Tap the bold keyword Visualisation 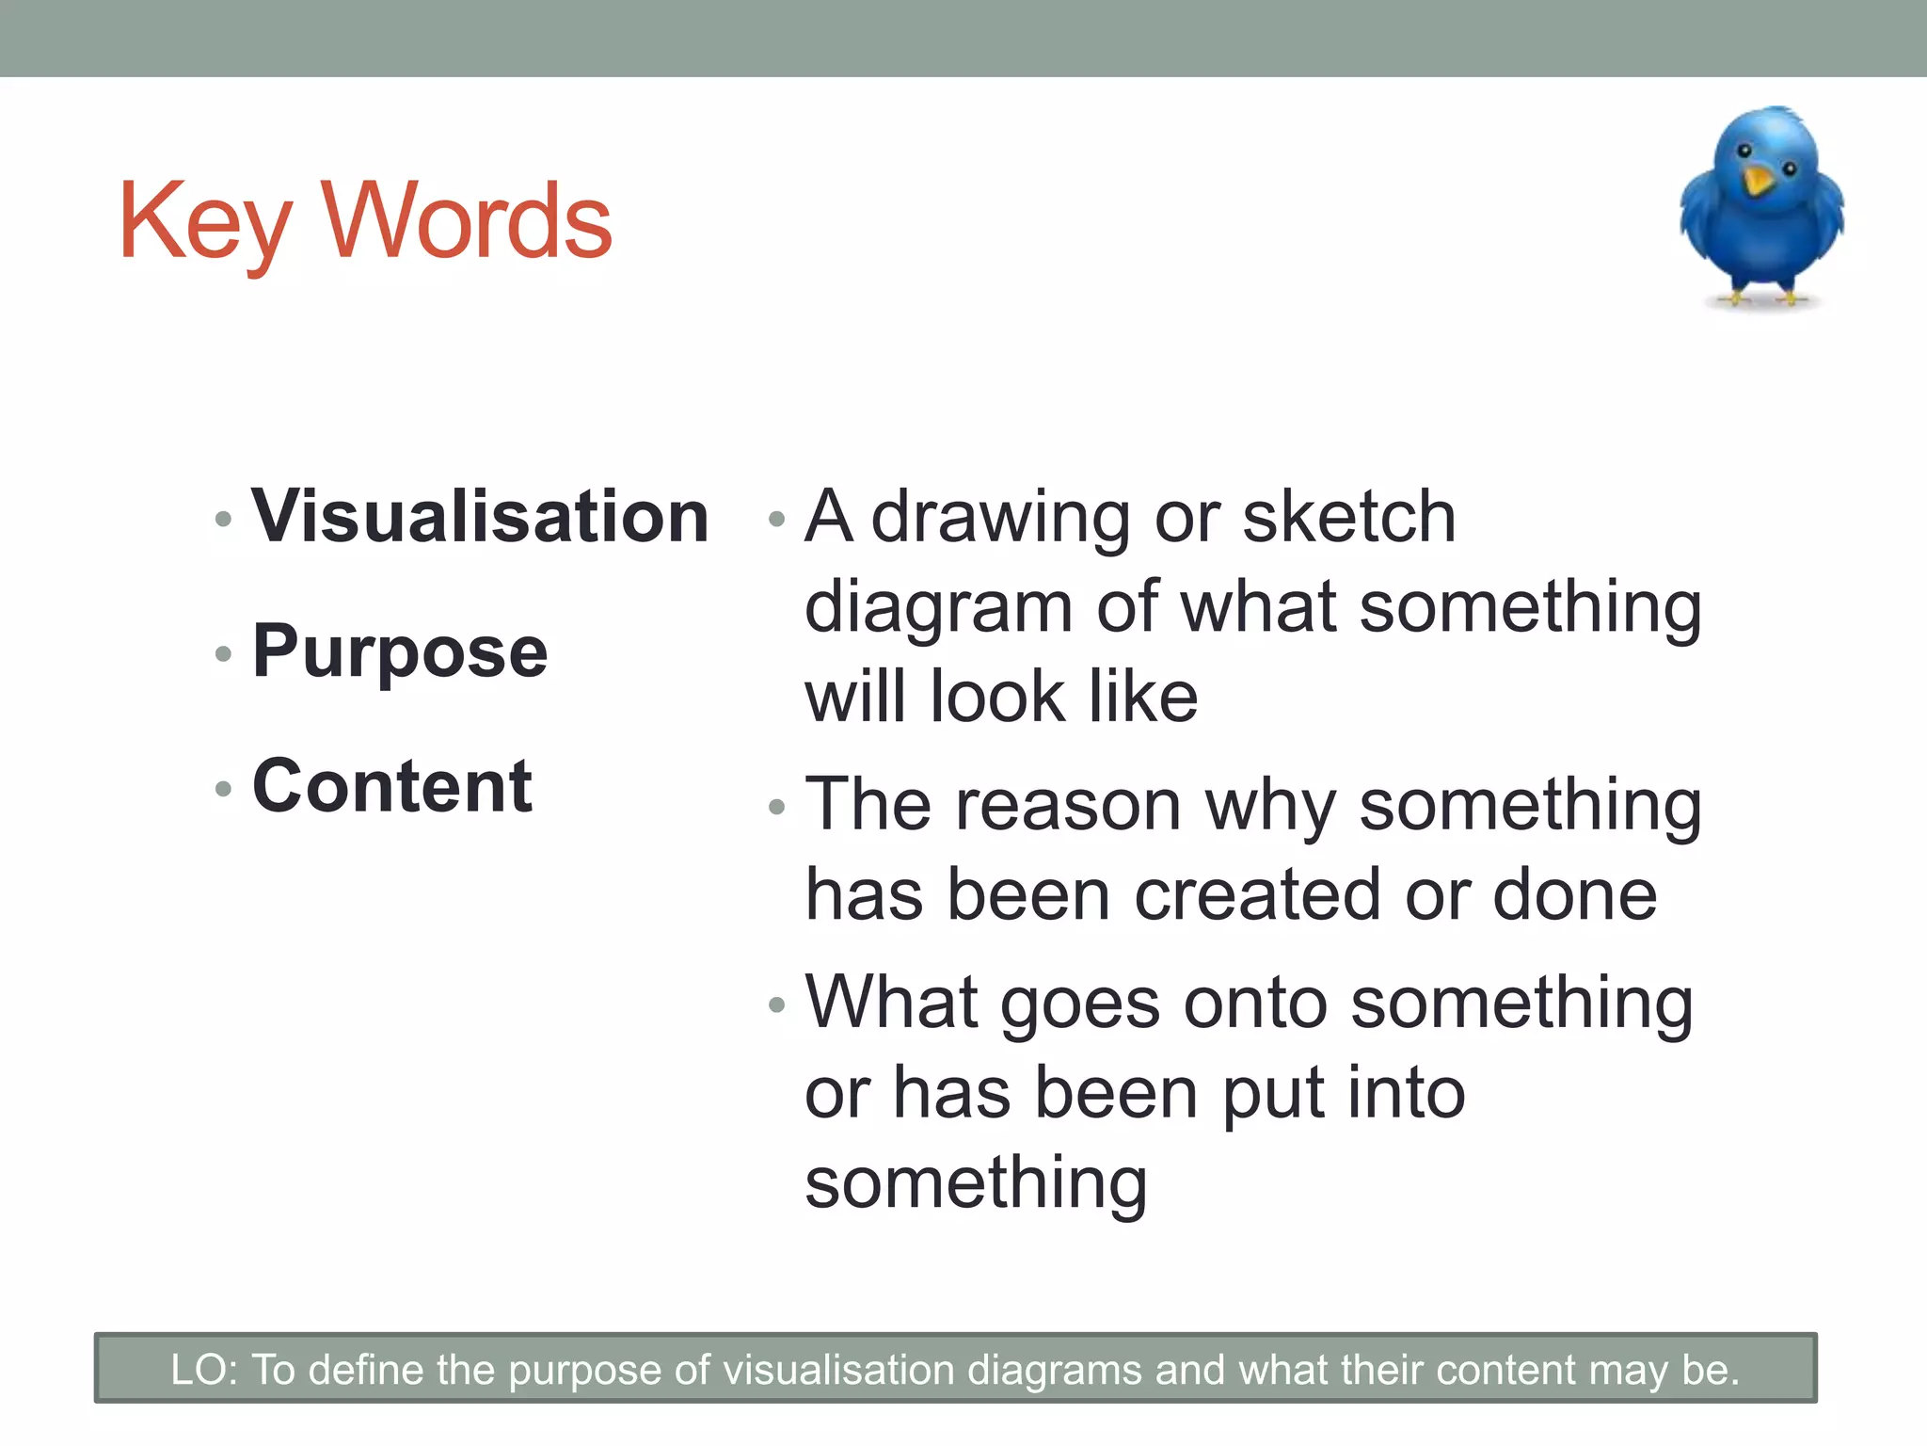coord(480,517)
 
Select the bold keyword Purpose coord(400,651)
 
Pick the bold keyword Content coord(392,786)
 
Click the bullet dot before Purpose coord(223,653)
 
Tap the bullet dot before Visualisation coord(223,519)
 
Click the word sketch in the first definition coord(1349,517)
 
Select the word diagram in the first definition coord(938,607)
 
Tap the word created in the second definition coord(1258,895)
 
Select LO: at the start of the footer coord(204,1370)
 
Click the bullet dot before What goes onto coord(776,1005)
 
